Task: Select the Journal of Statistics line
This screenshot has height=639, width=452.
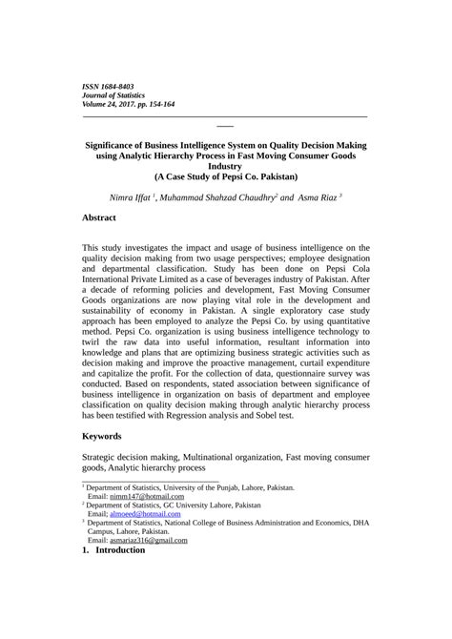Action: pos(113,96)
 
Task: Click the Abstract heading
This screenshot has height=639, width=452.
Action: pos(99,217)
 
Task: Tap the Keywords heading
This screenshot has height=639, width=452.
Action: pos(102,435)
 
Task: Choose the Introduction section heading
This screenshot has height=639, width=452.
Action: pos(119,549)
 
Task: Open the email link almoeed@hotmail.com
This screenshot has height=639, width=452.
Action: pos(145,514)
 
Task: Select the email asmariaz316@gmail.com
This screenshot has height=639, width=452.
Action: pos(149,540)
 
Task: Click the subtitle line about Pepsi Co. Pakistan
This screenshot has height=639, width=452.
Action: pos(226,176)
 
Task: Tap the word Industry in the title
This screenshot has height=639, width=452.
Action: pos(226,165)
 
